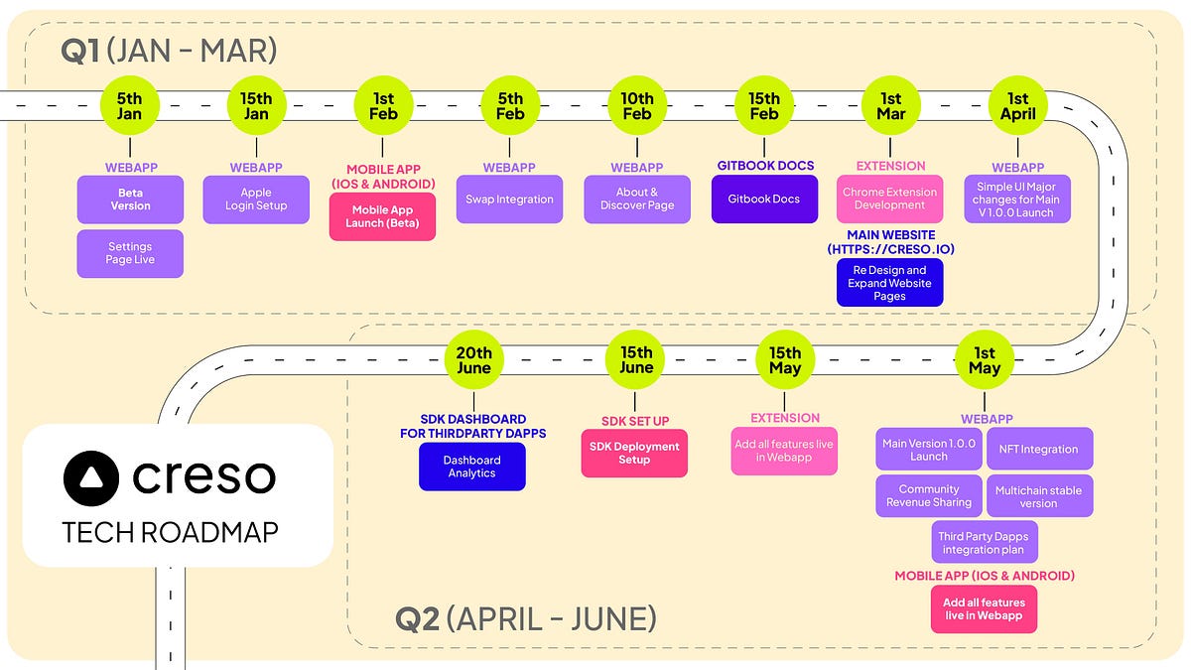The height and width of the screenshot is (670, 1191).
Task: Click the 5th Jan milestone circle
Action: pos(129,105)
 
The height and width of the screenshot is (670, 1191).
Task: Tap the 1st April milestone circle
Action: pos(1017,105)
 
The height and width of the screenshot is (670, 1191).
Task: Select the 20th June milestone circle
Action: pos(473,359)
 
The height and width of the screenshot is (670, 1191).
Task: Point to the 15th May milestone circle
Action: pos(785,359)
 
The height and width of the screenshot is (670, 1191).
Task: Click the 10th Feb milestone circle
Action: pos(636,105)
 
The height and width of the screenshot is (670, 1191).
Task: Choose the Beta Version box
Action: pos(130,200)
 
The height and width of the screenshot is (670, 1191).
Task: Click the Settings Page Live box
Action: pos(130,253)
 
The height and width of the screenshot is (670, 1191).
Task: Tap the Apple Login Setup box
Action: pos(256,200)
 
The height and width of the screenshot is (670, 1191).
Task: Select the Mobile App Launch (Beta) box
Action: pos(383,216)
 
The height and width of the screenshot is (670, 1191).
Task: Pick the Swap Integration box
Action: pos(509,200)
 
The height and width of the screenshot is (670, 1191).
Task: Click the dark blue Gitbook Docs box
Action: pos(764,200)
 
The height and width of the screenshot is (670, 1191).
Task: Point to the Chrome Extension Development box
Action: pos(889,200)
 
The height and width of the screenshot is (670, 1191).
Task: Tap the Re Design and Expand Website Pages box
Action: pos(889,283)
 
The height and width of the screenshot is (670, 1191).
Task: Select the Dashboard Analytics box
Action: pos(471,467)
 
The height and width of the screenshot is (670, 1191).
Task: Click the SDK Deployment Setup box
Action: pos(633,454)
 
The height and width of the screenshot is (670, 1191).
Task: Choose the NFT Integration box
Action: pos(1039,449)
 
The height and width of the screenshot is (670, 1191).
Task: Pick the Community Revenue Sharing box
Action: pos(928,495)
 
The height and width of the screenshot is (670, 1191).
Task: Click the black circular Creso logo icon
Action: pos(91,477)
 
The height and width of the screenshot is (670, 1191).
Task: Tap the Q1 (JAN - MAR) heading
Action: pos(168,52)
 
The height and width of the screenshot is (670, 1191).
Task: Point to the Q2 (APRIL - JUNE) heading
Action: pos(525,619)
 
